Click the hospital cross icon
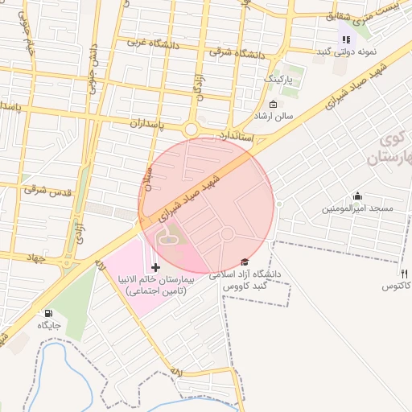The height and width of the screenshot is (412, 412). point(155,266)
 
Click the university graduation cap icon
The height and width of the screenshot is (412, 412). point(245,262)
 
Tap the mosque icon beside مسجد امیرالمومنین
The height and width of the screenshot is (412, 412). point(357,196)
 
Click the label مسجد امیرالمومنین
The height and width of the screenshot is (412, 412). point(357,208)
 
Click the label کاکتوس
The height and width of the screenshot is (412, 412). point(396,286)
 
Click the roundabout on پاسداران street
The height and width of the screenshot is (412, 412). point(192,129)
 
